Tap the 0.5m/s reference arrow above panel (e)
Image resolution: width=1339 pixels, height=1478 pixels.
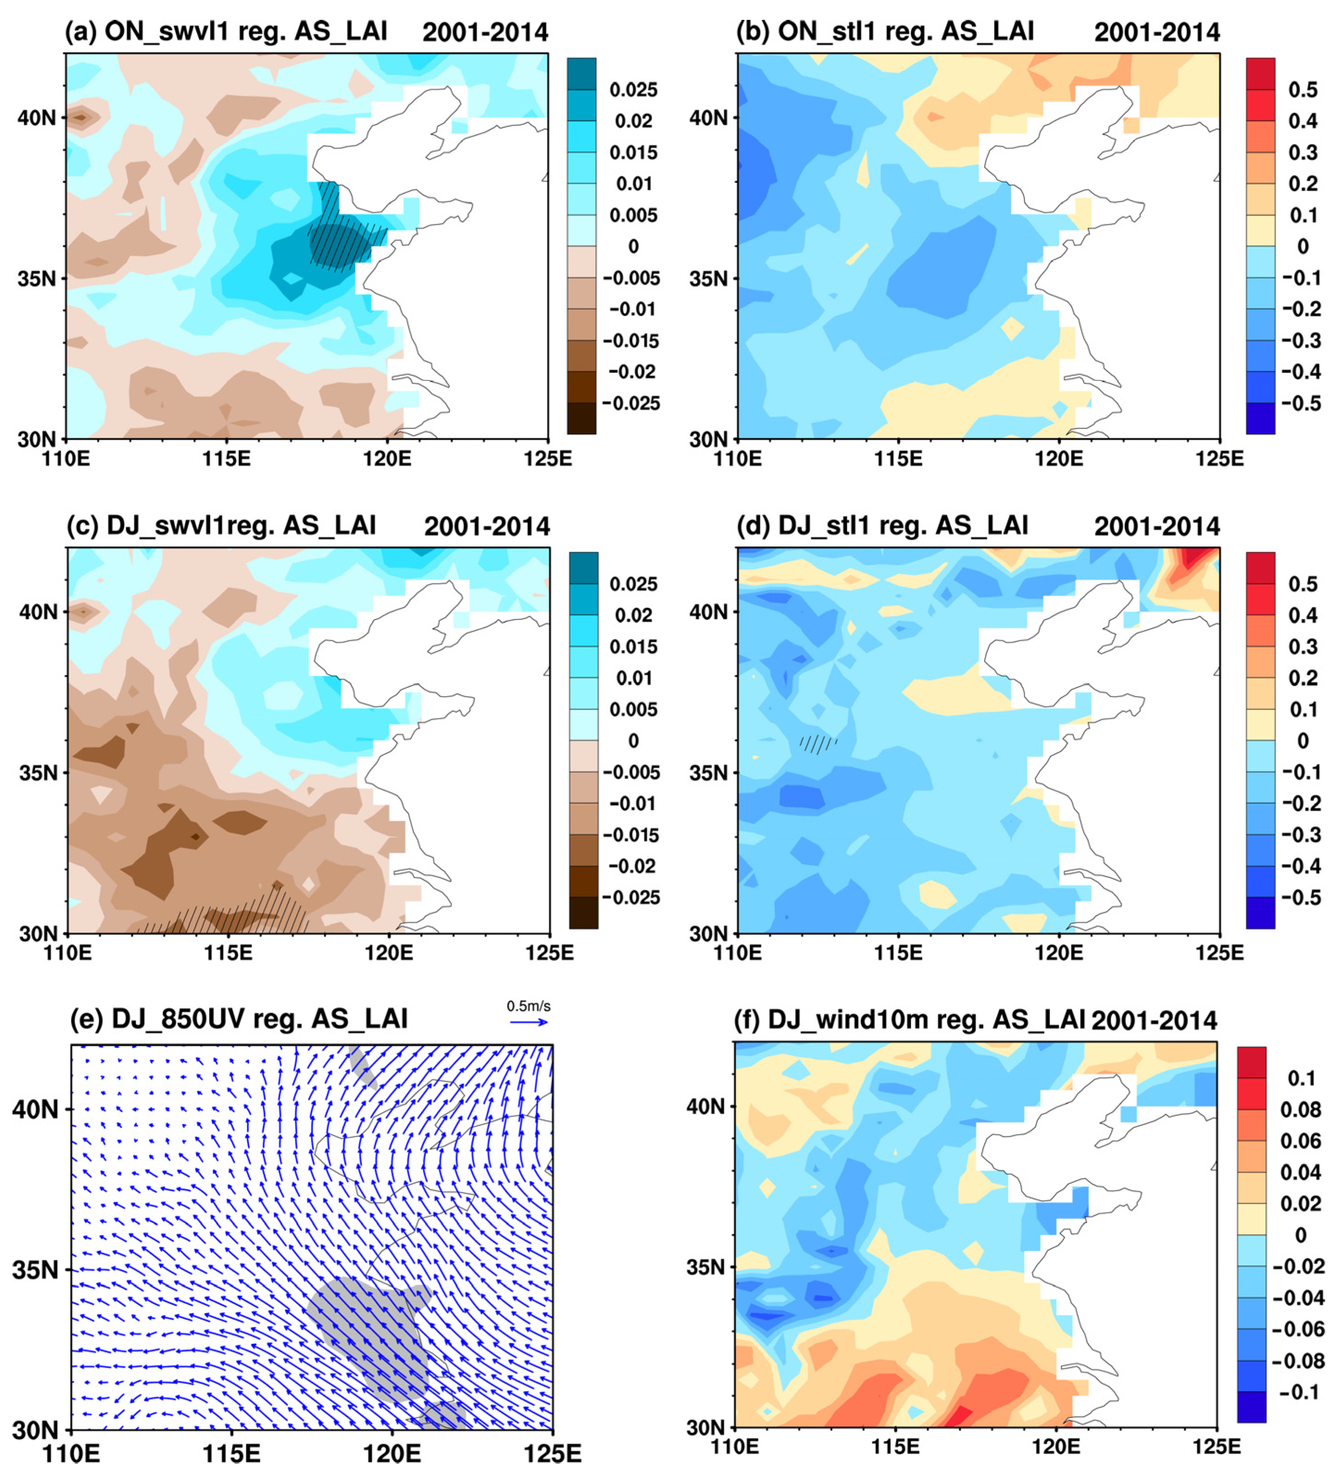(529, 1022)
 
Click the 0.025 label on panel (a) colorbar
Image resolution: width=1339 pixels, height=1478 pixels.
(633, 89)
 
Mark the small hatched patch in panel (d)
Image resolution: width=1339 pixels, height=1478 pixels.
(818, 744)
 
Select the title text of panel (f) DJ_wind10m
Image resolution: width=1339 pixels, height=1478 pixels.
(909, 1020)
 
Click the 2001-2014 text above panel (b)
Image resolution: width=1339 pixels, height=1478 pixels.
(1156, 32)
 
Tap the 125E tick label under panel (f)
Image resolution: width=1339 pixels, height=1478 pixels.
(1216, 1447)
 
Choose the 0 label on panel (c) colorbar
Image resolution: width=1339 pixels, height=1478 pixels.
(633, 741)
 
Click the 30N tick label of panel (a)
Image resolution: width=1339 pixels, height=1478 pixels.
(37, 439)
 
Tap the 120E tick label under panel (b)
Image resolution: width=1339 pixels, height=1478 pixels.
(1058, 459)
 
